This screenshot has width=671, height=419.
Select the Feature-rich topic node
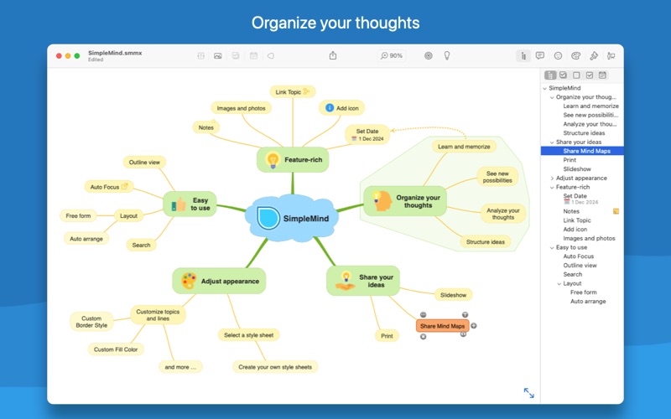point(293,159)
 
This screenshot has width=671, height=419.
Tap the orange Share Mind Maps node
point(442,326)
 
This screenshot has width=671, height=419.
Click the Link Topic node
point(293,91)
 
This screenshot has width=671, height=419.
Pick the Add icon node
point(341,108)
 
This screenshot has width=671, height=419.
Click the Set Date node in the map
point(367,134)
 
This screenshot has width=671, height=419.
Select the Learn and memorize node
point(464,146)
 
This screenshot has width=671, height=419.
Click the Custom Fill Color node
point(117,349)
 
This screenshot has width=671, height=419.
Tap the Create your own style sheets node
point(276,366)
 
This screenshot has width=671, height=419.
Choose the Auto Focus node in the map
point(109,187)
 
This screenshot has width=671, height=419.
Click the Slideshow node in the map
point(453,294)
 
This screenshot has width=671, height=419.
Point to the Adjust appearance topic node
point(219,282)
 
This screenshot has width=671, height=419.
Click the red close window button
point(59,55)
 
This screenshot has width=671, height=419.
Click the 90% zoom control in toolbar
point(392,55)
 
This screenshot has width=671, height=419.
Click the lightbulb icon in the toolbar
point(447,55)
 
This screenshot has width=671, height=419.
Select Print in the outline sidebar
point(570,160)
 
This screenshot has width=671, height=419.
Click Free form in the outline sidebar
point(583,292)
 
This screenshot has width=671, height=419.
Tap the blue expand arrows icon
point(528,392)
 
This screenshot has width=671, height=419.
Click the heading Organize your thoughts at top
point(335,22)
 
